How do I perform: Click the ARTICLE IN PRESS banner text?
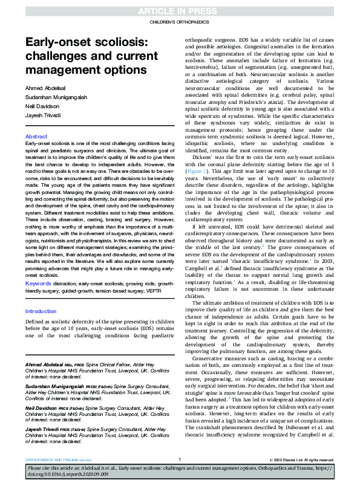pyautogui.click(x=180, y=11)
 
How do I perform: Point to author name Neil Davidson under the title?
pyautogui.click(x=44, y=105)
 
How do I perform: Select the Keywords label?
pyautogui.click(x=38, y=283)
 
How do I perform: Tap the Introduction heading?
pyautogui.click(x=41, y=311)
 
